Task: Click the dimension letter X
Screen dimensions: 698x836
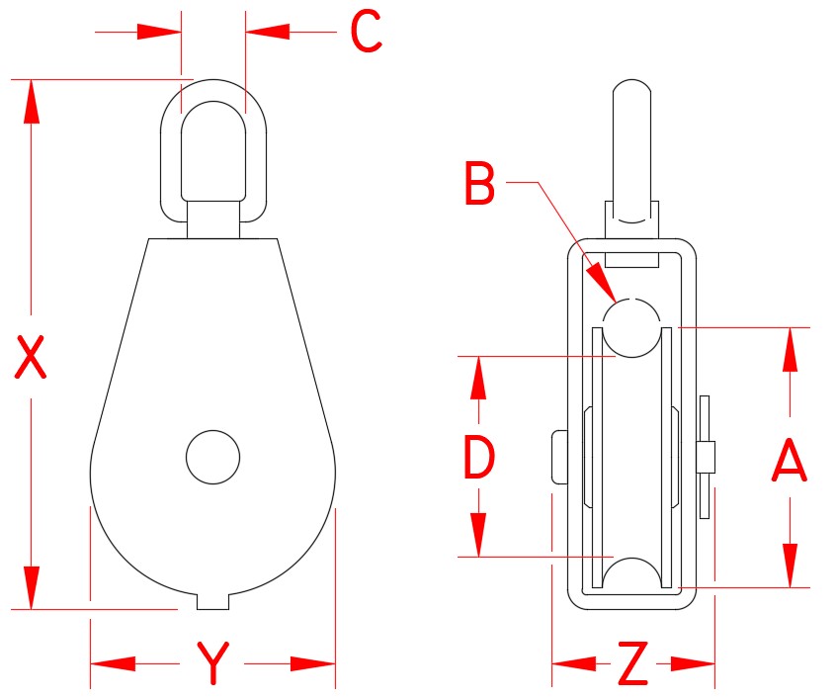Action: coord(32,358)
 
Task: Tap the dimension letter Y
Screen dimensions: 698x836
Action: coord(212,663)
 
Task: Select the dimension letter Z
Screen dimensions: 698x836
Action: coord(632,664)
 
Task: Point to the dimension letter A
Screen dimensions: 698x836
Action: coord(790,462)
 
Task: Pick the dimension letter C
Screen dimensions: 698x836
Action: coord(366,33)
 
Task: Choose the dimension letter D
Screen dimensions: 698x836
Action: coord(479,458)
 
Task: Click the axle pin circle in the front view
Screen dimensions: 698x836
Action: coord(212,457)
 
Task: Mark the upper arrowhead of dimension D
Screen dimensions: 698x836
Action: coord(479,376)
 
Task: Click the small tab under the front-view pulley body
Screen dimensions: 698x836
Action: coord(212,600)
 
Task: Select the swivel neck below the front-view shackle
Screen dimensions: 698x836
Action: coord(212,218)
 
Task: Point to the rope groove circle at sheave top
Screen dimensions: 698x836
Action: coord(632,327)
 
